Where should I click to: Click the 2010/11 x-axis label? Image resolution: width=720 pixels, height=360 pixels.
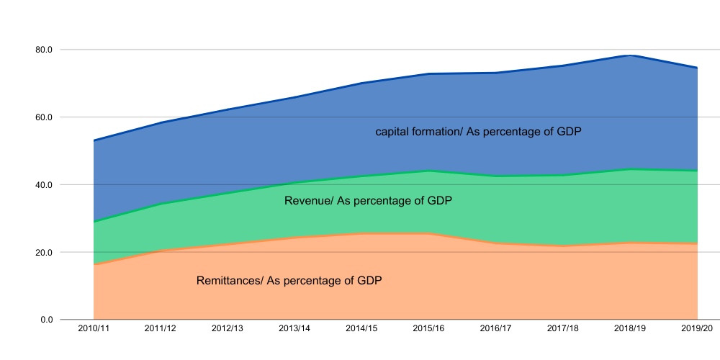pyautogui.click(x=94, y=329)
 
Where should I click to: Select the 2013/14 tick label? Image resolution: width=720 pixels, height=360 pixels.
pyautogui.click(x=294, y=329)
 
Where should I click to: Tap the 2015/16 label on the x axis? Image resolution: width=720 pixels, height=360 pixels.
pyautogui.click(x=428, y=329)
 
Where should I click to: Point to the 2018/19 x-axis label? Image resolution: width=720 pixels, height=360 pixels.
pyautogui.click(x=630, y=329)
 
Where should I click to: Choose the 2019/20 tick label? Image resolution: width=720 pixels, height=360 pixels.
pyautogui.click(x=697, y=329)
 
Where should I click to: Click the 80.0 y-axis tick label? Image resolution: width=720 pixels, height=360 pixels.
pyautogui.click(x=44, y=50)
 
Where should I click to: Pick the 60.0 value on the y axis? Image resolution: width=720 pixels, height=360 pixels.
pyautogui.click(x=44, y=117)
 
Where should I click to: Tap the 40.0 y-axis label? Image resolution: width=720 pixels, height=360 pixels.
pyautogui.click(x=44, y=184)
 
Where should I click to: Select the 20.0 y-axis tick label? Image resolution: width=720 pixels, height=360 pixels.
pyautogui.click(x=44, y=252)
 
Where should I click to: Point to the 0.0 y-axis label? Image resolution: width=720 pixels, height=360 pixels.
pyautogui.click(x=47, y=320)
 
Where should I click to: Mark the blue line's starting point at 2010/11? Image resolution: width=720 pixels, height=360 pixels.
pyautogui.click(x=94, y=140)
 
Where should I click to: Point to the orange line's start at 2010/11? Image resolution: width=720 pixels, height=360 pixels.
pyautogui.click(x=94, y=264)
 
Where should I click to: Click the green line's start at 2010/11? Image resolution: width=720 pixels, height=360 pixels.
pyautogui.click(x=94, y=222)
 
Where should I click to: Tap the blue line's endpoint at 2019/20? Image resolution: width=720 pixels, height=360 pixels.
pyautogui.click(x=697, y=68)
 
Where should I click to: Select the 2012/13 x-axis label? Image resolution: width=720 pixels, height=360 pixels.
pyautogui.click(x=228, y=329)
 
